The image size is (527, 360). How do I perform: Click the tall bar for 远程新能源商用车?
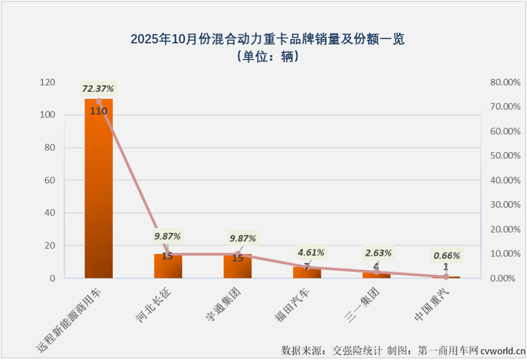[x=98, y=192]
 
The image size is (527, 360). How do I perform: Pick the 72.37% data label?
[x=98, y=90]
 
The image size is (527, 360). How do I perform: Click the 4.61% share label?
[x=310, y=252]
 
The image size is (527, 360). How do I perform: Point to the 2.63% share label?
[x=378, y=253]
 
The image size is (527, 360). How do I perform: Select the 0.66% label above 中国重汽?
[x=446, y=256]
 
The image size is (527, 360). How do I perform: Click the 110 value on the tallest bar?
[x=98, y=111]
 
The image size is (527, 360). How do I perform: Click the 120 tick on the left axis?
[x=48, y=82]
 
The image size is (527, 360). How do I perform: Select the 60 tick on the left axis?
[x=50, y=180]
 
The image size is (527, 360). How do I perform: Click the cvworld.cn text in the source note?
[x=499, y=351]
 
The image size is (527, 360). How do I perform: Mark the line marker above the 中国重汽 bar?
[x=446, y=276]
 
